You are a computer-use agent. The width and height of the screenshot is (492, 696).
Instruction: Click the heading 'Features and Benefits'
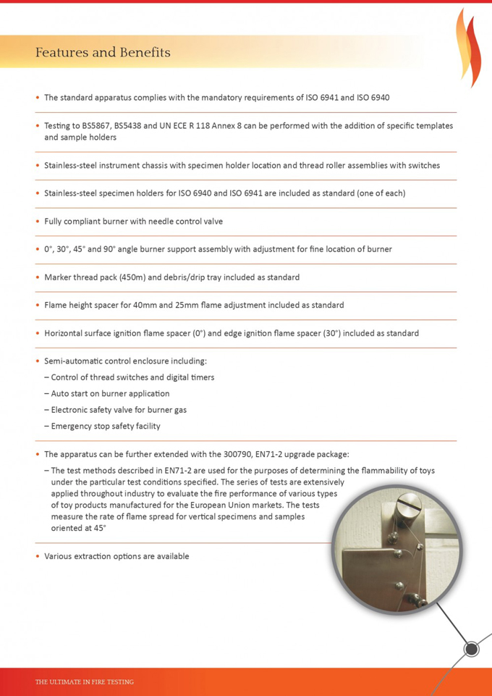[103, 53]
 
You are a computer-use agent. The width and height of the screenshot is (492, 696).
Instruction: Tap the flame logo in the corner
[468, 46]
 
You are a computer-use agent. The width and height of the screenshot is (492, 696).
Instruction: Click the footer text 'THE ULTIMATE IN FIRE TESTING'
[85, 682]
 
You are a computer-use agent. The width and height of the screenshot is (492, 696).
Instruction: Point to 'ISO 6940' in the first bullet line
[373, 97]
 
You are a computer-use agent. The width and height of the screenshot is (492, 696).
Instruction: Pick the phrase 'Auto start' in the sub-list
[70, 393]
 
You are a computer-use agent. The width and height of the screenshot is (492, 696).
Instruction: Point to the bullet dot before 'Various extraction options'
[37, 557]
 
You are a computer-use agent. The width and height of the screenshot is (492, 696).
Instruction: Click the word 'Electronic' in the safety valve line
[73, 410]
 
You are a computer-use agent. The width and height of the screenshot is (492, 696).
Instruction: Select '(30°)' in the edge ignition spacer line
[334, 333]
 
